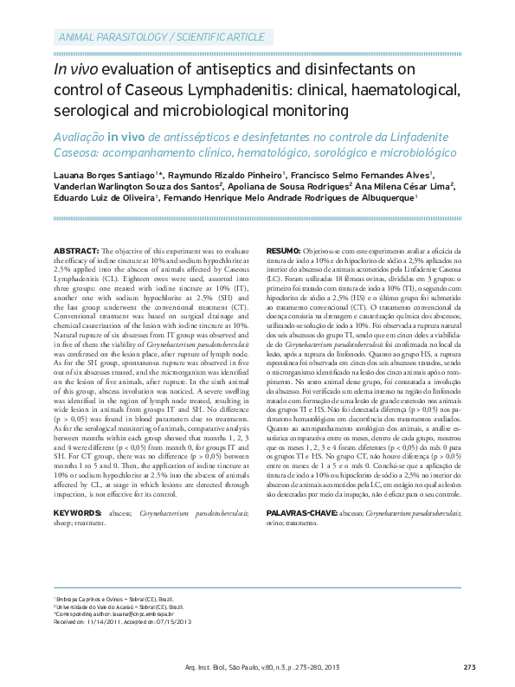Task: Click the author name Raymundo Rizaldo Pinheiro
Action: pos(221,175)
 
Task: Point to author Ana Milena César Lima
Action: pos(404,186)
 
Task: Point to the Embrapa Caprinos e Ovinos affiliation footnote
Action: pos(113,599)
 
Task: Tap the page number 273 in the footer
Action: pos(470,666)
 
